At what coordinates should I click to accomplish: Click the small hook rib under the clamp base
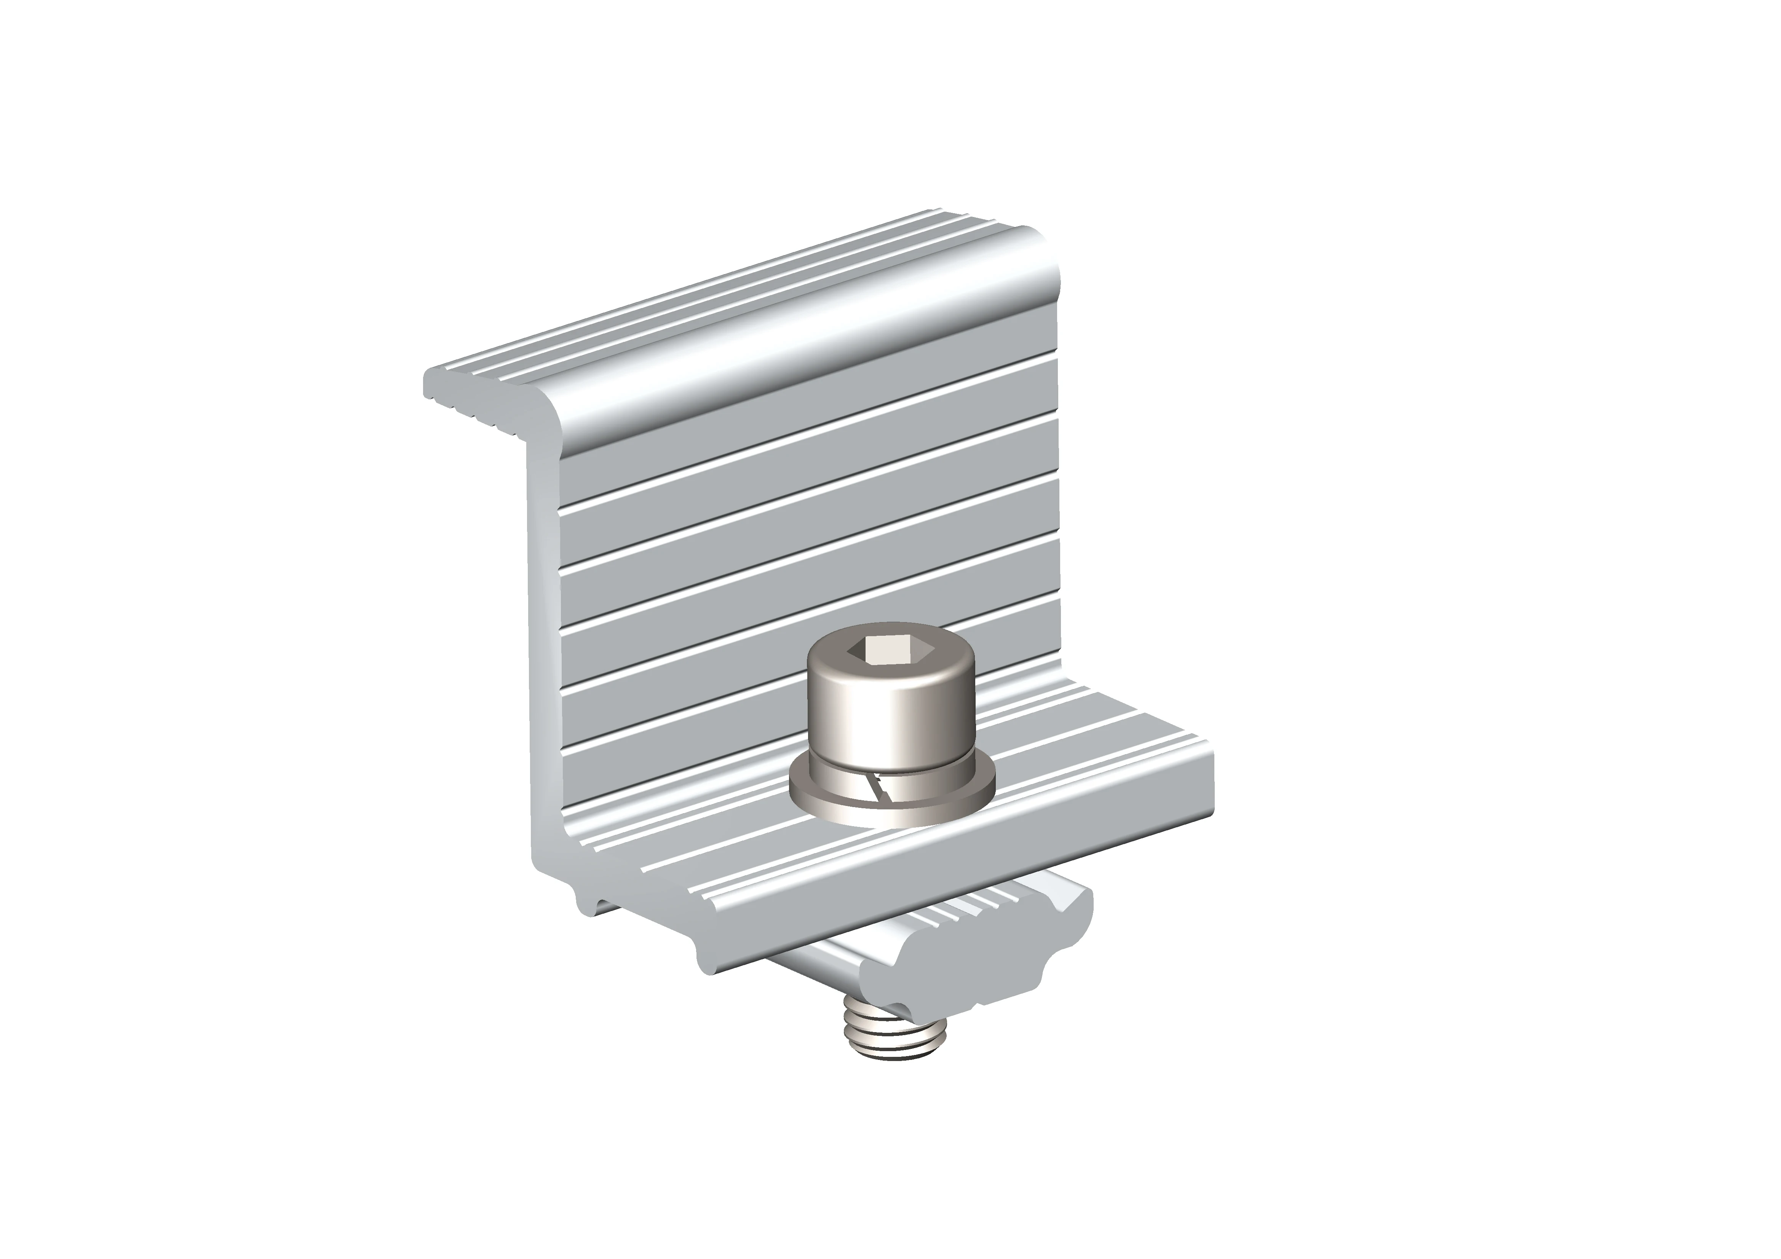[589, 904]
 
